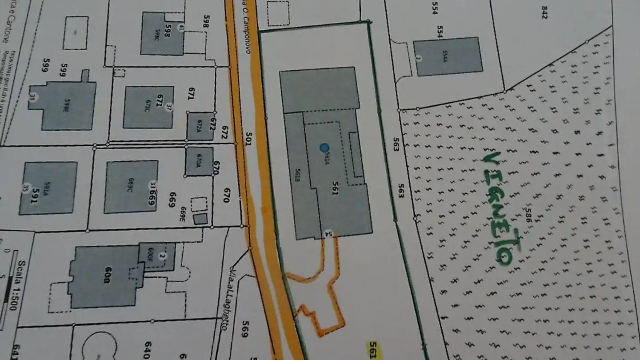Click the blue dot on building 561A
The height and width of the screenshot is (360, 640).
[324, 148]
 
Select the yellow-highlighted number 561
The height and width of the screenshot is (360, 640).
[373, 349]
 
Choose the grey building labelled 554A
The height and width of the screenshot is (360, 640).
[448, 56]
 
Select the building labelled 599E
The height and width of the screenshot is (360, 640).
[69, 105]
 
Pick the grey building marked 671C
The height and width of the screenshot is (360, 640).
[148, 107]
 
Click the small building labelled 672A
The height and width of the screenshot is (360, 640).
[200, 126]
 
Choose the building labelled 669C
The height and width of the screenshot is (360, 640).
[131, 187]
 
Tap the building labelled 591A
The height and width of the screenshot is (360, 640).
[48, 188]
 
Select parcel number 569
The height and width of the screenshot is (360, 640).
[244, 329]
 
